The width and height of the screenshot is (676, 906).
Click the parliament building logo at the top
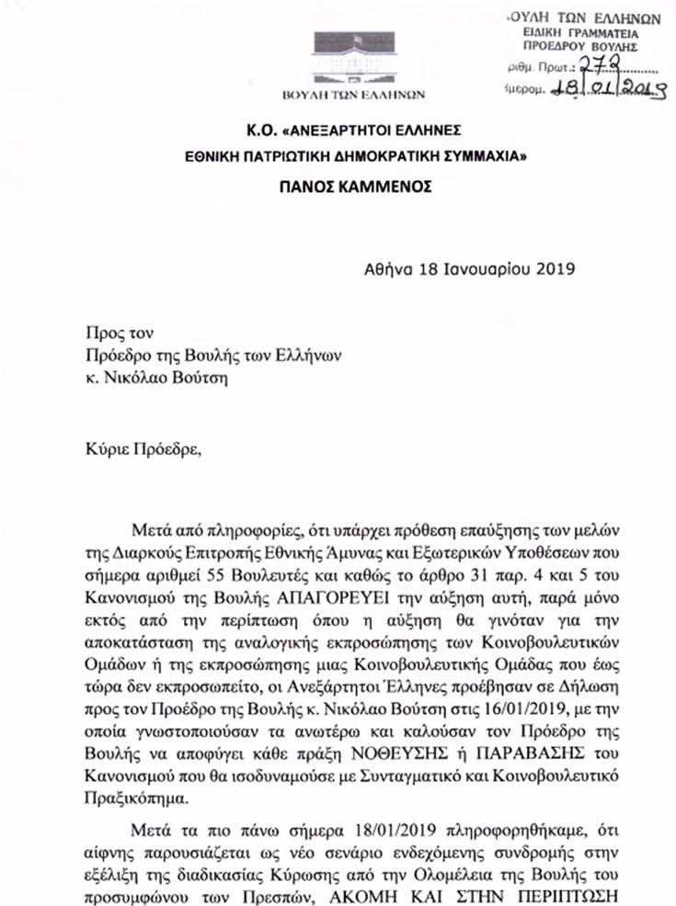(x=365, y=57)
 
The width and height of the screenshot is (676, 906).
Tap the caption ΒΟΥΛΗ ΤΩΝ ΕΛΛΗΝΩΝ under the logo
(x=366, y=94)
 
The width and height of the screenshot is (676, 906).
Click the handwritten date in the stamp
(x=607, y=88)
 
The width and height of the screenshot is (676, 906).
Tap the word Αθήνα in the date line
(x=386, y=269)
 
